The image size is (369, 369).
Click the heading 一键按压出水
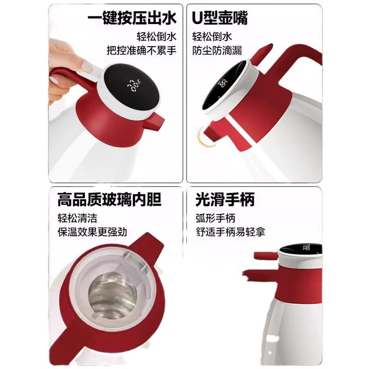pos(132,18)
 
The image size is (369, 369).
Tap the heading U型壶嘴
pos(220,18)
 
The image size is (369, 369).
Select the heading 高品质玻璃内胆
pos(109,199)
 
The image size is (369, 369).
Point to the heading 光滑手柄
pos(225,199)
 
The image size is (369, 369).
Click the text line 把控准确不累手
pos(141,50)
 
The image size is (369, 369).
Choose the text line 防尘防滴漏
pos(217,50)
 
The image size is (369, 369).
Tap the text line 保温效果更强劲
pos(92,232)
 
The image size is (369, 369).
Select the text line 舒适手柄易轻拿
pos(231,232)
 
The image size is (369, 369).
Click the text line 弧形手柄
pos(215,218)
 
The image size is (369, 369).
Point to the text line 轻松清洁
pos(77,218)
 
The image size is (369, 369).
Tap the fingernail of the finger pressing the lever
pos(87,66)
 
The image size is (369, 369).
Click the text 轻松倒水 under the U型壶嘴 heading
pos(212,36)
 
